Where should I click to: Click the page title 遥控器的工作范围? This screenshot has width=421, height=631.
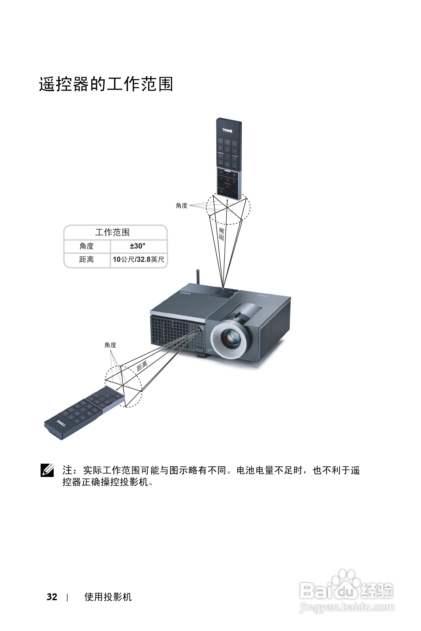tap(106, 84)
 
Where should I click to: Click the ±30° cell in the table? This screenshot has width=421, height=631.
tap(137, 246)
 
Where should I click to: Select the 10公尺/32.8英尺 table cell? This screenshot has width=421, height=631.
tap(138, 259)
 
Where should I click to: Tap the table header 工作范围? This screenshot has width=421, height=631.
tap(112, 232)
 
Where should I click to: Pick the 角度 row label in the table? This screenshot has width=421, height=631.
tap(86, 246)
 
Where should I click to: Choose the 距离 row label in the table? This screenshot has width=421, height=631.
tap(86, 259)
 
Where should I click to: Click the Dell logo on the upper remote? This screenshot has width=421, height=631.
tap(227, 131)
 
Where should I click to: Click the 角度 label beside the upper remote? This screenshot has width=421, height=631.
tap(182, 206)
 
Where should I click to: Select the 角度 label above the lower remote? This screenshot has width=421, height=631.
tap(110, 345)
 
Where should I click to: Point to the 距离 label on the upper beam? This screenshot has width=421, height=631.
tap(222, 234)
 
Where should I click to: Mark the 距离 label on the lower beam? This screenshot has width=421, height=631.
tap(142, 366)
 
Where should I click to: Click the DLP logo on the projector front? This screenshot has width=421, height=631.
tap(210, 350)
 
